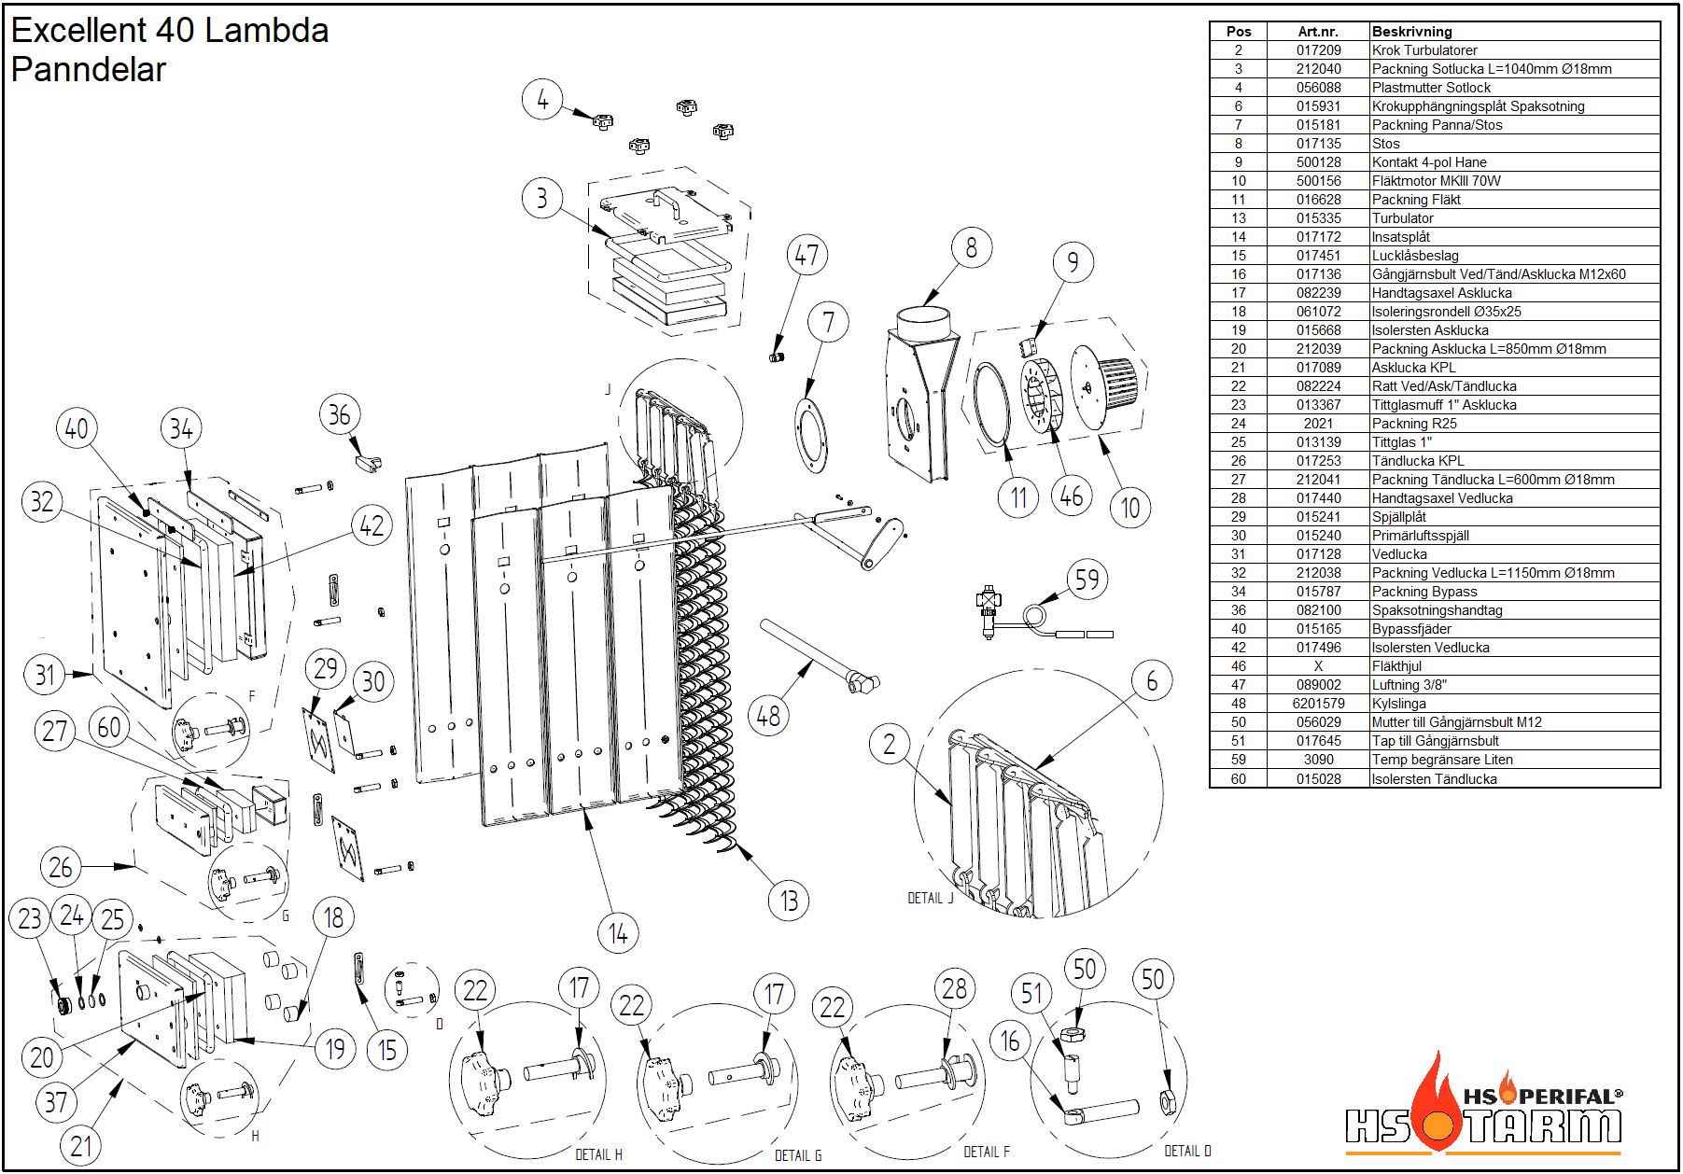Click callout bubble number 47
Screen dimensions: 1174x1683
point(807,255)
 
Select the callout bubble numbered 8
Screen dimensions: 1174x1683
point(972,248)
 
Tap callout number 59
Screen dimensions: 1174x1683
point(1087,580)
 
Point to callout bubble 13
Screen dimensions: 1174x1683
point(789,901)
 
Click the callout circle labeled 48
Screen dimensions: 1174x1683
point(768,716)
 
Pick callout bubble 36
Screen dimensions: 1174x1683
point(339,415)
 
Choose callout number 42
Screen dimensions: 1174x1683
point(372,526)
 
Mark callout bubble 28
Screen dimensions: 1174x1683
point(954,988)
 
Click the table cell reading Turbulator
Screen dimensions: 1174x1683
point(1402,218)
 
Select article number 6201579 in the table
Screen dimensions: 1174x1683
point(1318,704)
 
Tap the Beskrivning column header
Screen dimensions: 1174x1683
point(1411,32)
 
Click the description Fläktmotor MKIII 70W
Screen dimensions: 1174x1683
point(1436,181)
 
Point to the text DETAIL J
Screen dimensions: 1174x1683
point(931,898)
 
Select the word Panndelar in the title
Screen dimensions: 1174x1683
point(89,70)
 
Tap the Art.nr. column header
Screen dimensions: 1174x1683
point(1318,32)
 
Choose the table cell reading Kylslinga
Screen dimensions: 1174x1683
point(1398,704)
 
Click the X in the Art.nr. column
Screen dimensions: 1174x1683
point(1318,666)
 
